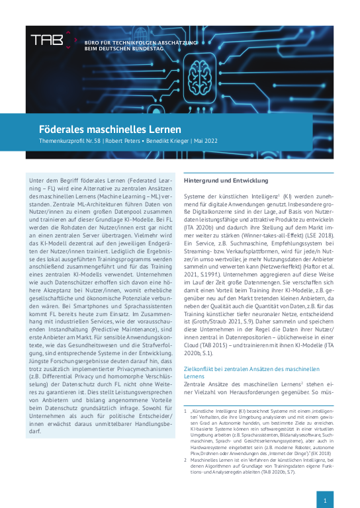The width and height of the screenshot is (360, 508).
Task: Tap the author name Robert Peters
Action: pos(121,142)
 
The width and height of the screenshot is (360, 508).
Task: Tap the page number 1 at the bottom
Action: pos(326,501)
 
